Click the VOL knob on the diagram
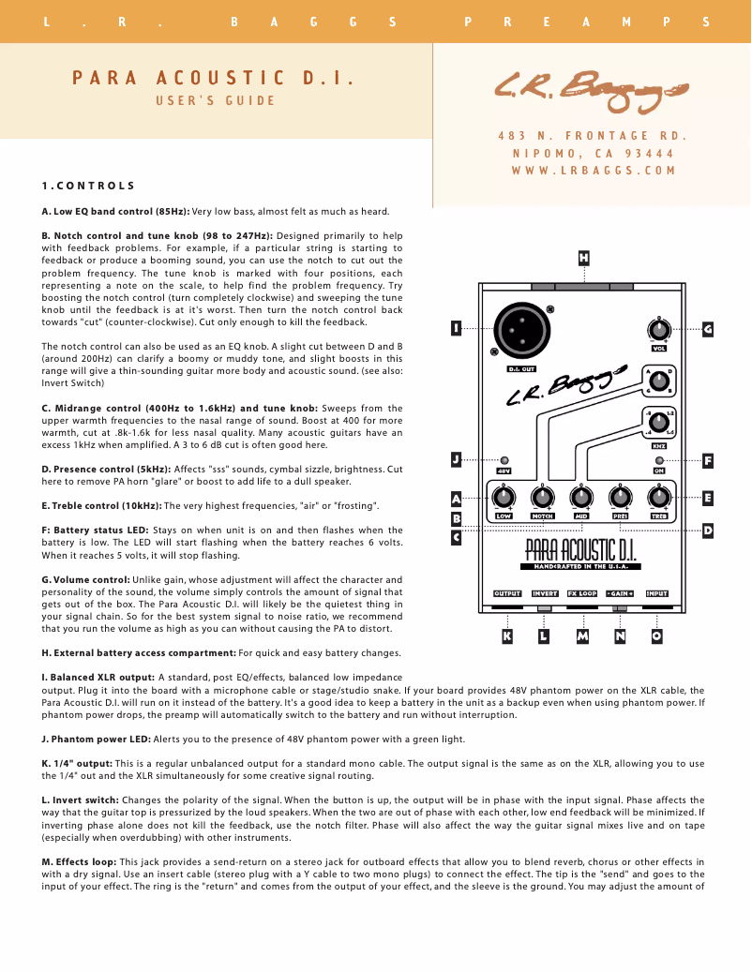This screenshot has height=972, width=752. (659, 330)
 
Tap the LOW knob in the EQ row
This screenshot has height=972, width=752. (504, 497)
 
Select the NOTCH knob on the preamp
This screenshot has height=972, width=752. (542, 497)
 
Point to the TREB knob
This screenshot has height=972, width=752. (658, 497)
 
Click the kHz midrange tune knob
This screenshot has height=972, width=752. (659, 424)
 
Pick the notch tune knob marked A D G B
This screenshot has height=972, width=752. (659, 381)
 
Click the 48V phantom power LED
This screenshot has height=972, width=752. (504, 461)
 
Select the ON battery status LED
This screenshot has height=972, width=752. (659, 461)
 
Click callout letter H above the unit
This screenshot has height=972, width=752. (584, 257)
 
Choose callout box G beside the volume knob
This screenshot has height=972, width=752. (708, 329)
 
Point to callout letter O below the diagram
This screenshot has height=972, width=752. (656, 636)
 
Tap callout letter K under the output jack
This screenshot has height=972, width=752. (507, 636)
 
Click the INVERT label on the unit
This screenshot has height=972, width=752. (545, 593)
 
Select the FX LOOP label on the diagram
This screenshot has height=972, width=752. (582, 593)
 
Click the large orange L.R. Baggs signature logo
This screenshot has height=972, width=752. (591, 89)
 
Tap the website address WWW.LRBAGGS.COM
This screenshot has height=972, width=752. (594, 171)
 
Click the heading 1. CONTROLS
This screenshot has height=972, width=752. (88, 186)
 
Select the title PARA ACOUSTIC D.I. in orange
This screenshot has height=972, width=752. (214, 78)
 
